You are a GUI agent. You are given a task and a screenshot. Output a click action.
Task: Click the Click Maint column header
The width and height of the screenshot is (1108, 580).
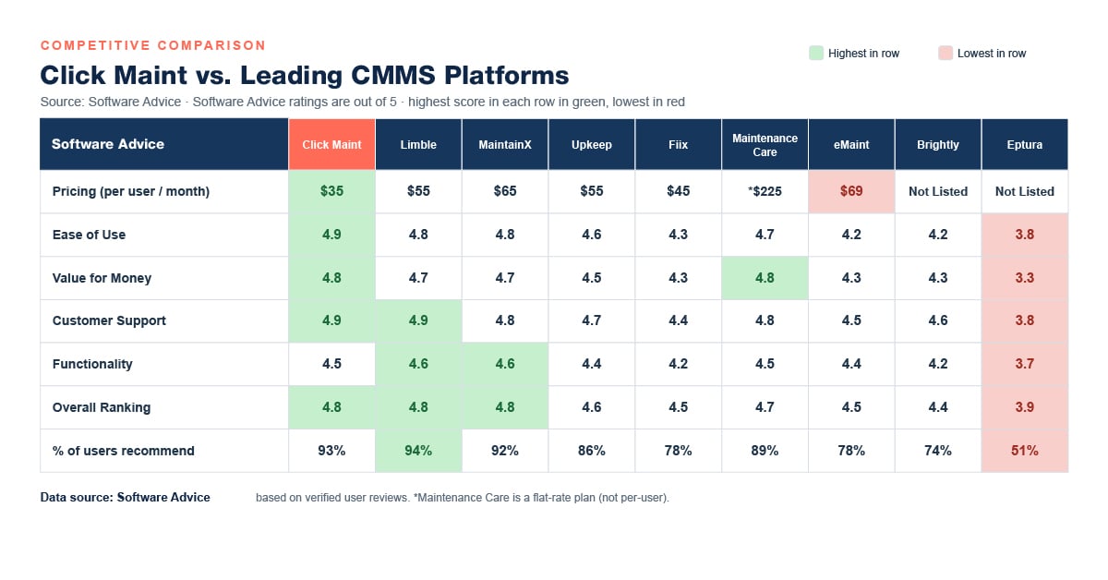coord(331,144)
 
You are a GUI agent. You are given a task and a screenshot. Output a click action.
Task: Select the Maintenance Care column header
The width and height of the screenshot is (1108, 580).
coord(765,144)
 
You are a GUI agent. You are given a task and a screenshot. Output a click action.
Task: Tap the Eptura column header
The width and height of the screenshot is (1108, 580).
coord(1024,144)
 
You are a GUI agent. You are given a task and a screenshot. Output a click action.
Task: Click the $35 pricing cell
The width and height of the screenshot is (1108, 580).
coord(331,191)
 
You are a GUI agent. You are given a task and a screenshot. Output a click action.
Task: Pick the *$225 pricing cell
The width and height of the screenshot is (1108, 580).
coord(765,191)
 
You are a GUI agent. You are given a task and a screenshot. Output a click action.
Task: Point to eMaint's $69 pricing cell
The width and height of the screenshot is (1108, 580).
coord(851,191)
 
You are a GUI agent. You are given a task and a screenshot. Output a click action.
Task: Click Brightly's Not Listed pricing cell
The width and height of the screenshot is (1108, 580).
coord(938,191)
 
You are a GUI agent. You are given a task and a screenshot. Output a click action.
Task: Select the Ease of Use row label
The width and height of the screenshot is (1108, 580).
coord(89,235)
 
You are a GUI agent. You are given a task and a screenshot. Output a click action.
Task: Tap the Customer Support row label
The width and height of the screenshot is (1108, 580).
coord(109,320)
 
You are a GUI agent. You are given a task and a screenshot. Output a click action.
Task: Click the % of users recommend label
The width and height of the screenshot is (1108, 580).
coord(123,451)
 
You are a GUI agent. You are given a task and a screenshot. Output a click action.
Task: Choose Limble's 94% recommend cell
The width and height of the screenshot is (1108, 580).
coord(418,451)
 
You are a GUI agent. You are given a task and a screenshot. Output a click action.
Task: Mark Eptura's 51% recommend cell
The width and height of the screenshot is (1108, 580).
coord(1024,451)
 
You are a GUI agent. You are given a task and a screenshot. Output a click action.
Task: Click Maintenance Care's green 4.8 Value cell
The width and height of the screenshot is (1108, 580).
coord(765,278)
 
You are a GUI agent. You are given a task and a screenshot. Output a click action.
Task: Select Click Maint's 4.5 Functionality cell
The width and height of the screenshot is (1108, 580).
coord(331,364)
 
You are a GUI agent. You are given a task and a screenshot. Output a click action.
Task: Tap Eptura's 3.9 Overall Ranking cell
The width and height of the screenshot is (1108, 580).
coord(1024,407)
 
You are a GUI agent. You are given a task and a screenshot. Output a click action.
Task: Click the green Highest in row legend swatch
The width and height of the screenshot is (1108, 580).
coord(816,53)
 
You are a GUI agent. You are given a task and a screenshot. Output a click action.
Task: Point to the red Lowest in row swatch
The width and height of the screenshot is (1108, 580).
coord(945,53)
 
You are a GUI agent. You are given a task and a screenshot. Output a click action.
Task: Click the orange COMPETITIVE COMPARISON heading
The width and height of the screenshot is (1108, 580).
coord(153,45)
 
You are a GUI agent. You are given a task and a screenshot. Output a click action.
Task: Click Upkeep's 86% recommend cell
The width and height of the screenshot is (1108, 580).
coord(592,451)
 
